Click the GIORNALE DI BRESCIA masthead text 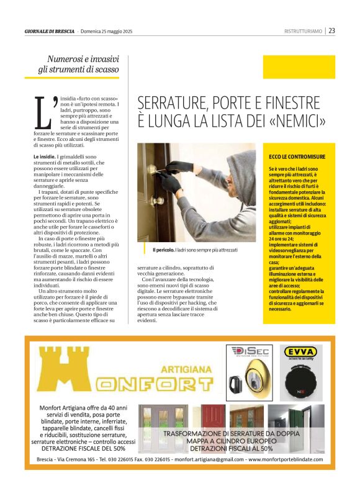click(x=49, y=30)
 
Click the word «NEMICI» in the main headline click(x=297, y=120)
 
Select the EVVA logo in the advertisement click(x=300, y=352)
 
